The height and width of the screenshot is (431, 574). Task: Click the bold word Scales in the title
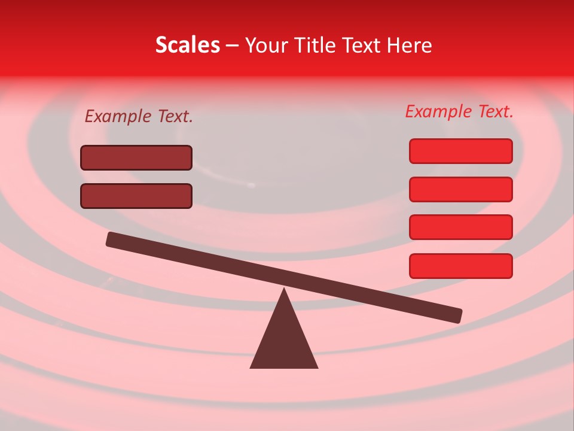tap(187, 45)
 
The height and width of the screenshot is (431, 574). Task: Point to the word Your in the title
tap(265, 45)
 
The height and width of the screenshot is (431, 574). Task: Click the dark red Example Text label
tap(139, 116)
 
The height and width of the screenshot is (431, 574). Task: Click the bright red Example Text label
tap(459, 111)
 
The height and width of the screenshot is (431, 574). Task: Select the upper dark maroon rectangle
tap(136, 157)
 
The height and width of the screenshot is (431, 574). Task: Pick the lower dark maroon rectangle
tap(136, 196)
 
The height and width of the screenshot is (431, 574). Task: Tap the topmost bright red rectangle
tap(460, 151)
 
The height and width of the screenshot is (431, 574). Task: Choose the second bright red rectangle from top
tap(460, 189)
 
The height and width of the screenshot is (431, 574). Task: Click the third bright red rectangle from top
tap(460, 227)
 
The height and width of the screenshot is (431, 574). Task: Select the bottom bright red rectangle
tap(460, 266)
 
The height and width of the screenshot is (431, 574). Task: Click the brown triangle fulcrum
tap(284, 341)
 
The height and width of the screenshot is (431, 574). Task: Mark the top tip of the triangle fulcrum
tap(284, 291)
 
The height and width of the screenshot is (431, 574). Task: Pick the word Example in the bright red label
tap(438, 112)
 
